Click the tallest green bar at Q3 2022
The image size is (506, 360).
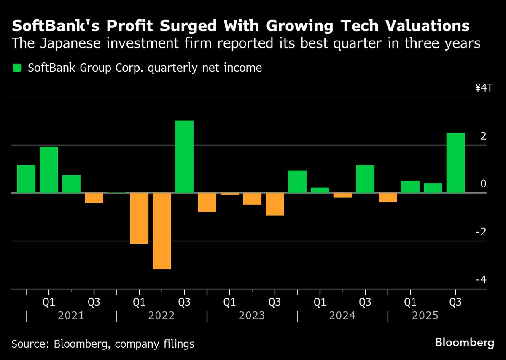184,157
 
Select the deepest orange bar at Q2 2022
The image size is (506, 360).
161,231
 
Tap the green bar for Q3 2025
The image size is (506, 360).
455,163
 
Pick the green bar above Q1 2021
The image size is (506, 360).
48,170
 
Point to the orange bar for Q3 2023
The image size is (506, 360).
275,204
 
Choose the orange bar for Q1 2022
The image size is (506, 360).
139,218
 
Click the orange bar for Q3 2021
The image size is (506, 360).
94,198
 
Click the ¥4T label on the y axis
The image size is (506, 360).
483,88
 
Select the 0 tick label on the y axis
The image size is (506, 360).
483,184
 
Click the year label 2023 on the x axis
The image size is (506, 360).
252,316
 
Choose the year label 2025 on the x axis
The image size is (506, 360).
426,316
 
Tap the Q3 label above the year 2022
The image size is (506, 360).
184,303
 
